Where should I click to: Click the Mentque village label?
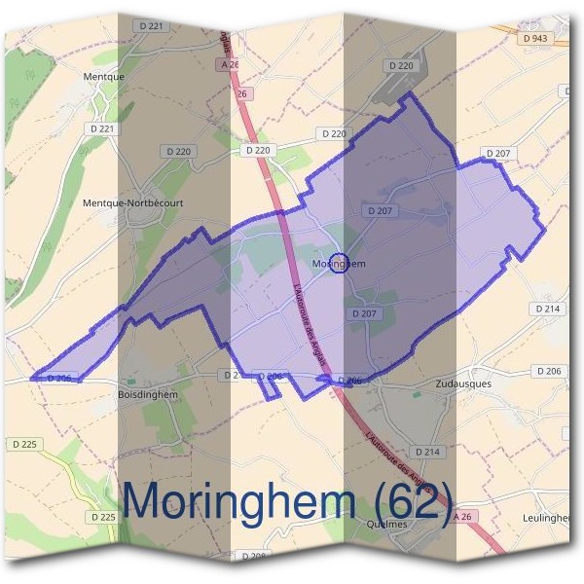point(104,75)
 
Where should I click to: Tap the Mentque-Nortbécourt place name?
point(147,203)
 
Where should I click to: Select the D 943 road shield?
point(535,38)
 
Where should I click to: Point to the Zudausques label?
point(464,383)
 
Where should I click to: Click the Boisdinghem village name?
point(147,394)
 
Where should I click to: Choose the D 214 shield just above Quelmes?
point(427,452)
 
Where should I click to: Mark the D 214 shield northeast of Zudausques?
point(547,309)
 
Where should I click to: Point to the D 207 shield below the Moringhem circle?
point(363,313)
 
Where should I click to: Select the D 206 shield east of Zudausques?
point(549,372)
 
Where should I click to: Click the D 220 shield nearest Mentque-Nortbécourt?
point(178,151)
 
